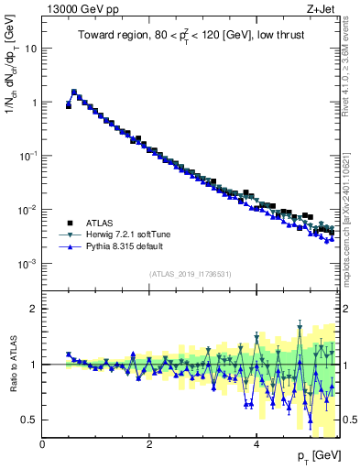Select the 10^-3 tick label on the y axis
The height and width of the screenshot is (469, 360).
click(x=27, y=264)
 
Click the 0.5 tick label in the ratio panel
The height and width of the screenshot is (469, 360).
click(x=29, y=420)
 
